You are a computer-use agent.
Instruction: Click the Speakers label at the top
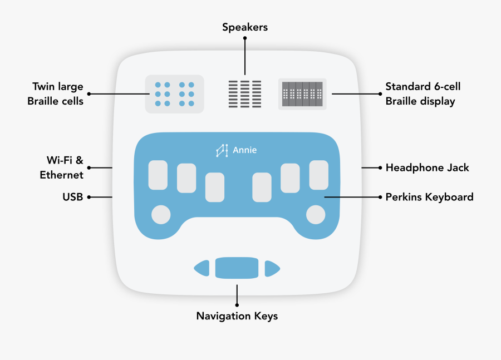pyautogui.click(x=245, y=27)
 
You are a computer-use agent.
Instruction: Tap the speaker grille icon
pyautogui.click(x=245, y=94)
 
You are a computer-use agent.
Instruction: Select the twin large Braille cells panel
pyautogui.click(x=174, y=94)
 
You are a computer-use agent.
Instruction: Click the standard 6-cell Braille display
pyautogui.click(x=302, y=94)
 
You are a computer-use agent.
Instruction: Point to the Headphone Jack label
pyautogui.click(x=427, y=167)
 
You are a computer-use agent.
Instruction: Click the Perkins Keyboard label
pyautogui.click(x=429, y=197)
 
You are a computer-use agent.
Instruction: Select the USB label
pyautogui.click(x=73, y=197)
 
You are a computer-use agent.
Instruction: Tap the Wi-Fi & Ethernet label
pyautogui.click(x=62, y=167)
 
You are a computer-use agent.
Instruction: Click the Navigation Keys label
pyautogui.click(x=237, y=316)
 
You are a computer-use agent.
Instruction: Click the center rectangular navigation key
pyautogui.click(x=237, y=268)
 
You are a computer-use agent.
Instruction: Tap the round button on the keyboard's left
pyautogui.click(x=161, y=214)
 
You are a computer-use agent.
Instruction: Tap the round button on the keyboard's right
pyautogui.click(x=316, y=214)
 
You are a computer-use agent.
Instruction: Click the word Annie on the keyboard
pyautogui.click(x=245, y=150)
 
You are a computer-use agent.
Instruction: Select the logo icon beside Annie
pyautogui.click(x=223, y=150)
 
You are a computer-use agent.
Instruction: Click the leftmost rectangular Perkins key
pyautogui.click(x=158, y=174)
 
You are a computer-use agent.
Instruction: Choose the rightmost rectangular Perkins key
pyautogui.click(x=319, y=174)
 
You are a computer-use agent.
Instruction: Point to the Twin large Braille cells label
pyautogui.click(x=58, y=94)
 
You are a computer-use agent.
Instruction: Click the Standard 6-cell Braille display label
pyautogui.click(x=423, y=94)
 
